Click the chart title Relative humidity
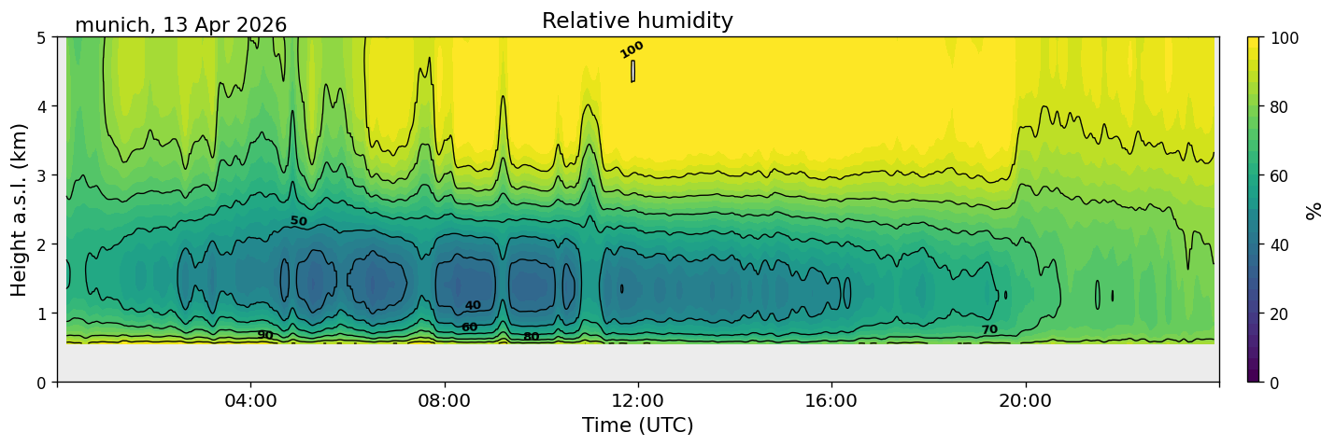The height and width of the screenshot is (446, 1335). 637,21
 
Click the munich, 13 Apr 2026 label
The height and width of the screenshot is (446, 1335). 180,25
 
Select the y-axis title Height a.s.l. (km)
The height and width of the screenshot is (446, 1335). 19,210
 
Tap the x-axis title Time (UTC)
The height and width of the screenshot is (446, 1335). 638,425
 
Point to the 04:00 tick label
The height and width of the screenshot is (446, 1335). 251,400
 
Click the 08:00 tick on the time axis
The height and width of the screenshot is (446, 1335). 445,400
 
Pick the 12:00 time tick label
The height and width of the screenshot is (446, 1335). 638,400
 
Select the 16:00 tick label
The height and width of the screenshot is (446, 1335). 831,400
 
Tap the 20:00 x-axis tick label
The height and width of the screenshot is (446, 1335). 1025,400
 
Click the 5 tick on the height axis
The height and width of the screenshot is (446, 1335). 41,38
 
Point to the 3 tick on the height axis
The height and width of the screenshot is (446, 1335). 41,175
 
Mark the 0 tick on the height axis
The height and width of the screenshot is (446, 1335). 41,383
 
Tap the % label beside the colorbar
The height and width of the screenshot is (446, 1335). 1313,211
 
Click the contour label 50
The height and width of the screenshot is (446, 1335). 299,221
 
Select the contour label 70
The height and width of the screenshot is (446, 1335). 989,329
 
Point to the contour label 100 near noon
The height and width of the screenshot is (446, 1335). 632,49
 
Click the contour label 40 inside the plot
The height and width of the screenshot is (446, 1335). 473,305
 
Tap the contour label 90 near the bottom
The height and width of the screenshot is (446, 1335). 265,335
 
